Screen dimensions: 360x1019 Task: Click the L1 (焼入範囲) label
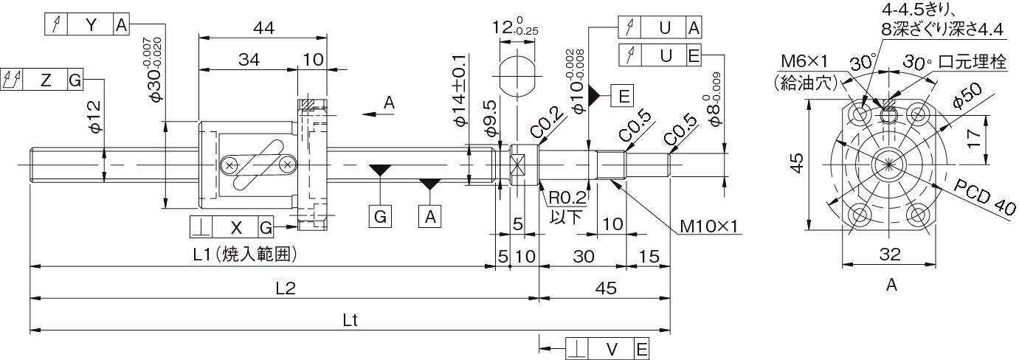click(x=245, y=255)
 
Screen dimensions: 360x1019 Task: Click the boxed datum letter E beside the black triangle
click(x=622, y=96)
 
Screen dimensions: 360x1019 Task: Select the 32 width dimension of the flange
click(x=891, y=255)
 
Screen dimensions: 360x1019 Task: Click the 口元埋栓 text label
click(x=973, y=62)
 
